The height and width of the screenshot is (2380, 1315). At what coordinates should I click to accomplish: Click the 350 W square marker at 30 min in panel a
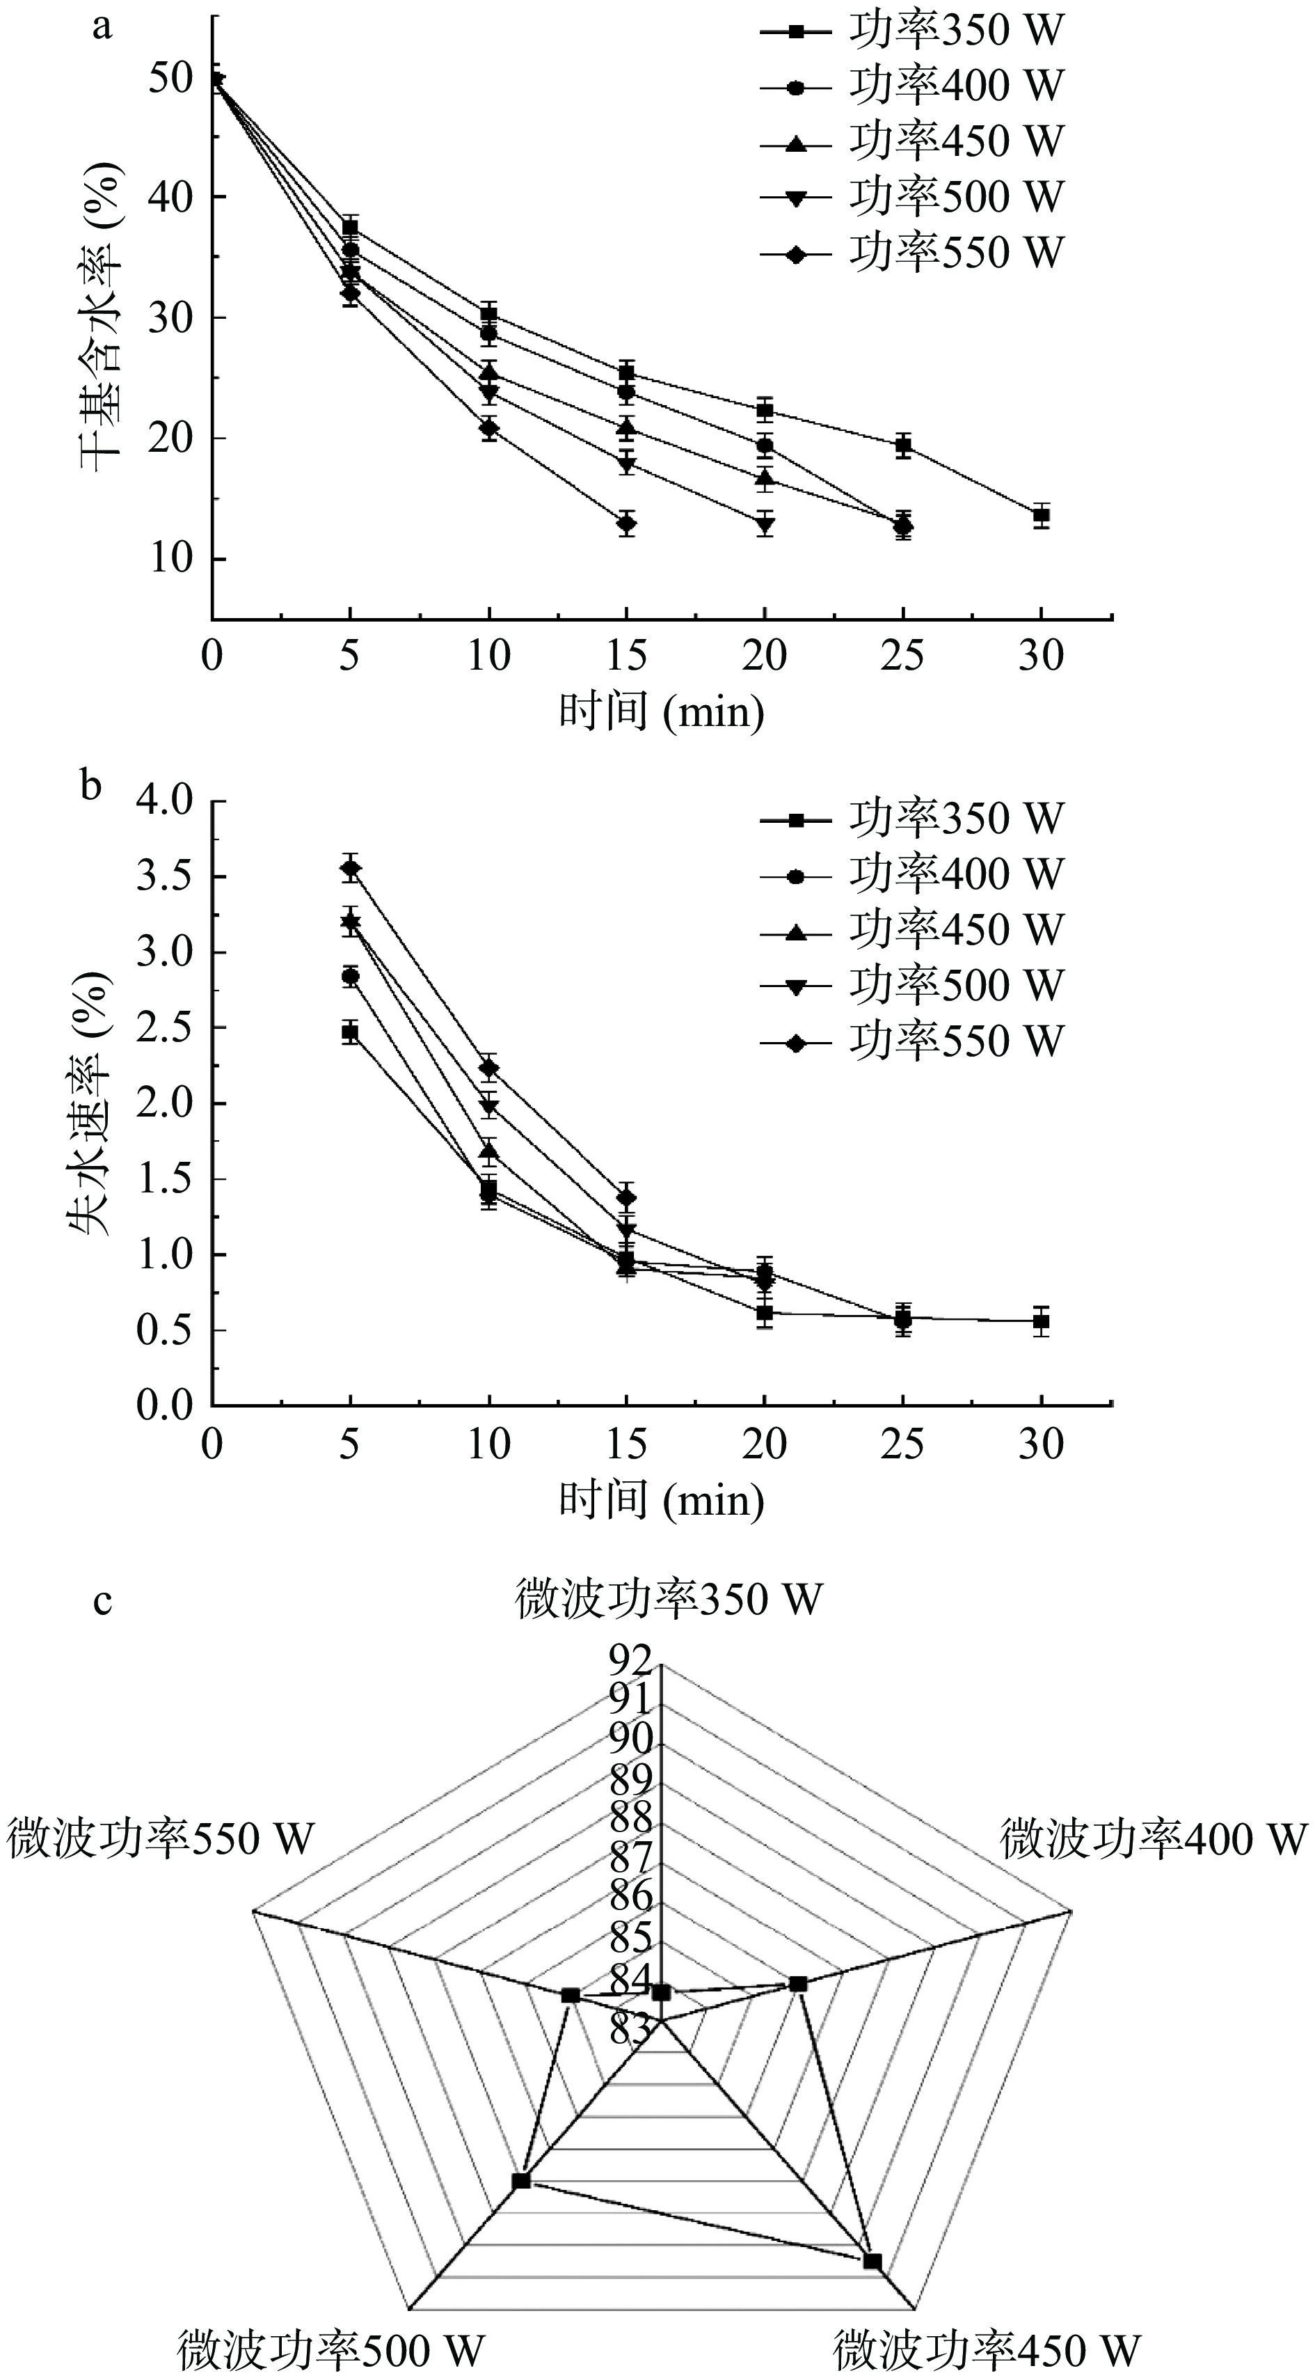coord(1042,516)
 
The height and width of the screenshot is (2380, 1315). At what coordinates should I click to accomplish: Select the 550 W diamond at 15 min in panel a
coord(627,524)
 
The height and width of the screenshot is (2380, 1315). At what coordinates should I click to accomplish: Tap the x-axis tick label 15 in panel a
coord(627,656)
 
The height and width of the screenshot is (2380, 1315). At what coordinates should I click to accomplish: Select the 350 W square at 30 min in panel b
coord(1042,1321)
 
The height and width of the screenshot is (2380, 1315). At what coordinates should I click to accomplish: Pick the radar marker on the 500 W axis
coord(522,2180)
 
